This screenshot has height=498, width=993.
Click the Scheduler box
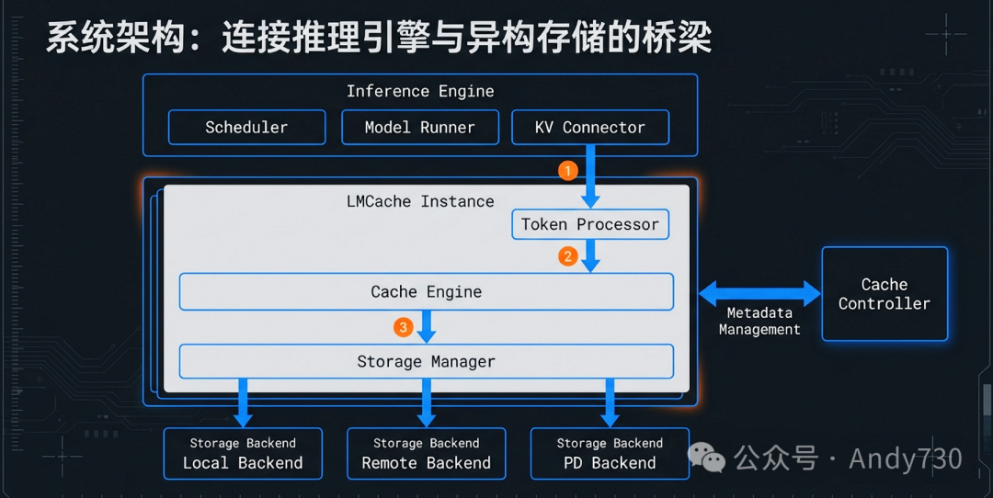(x=246, y=128)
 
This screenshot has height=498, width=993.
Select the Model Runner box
(x=419, y=128)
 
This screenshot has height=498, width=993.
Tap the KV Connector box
(x=589, y=128)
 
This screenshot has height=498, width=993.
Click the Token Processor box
(x=589, y=224)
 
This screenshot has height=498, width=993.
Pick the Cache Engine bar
(x=426, y=291)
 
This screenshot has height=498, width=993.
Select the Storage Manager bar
(x=426, y=361)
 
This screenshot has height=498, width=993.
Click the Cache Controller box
(x=884, y=294)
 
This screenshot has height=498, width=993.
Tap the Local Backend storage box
(x=243, y=453)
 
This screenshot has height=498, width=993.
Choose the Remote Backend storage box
(x=426, y=453)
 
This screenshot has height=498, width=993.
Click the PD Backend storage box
(x=610, y=453)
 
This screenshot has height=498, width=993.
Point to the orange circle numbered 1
(x=567, y=171)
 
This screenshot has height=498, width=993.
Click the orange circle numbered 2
(x=567, y=256)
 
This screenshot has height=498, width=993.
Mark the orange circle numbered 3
(x=403, y=327)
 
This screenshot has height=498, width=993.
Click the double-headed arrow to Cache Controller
(x=759, y=294)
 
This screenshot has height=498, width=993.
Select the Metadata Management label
(x=759, y=322)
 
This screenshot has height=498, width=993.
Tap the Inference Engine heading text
(x=419, y=91)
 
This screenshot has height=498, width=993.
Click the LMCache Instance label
(x=419, y=201)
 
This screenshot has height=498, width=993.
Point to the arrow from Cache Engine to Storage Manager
(x=426, y=326)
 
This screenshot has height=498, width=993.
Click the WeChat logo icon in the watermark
(x=708, y=457)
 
